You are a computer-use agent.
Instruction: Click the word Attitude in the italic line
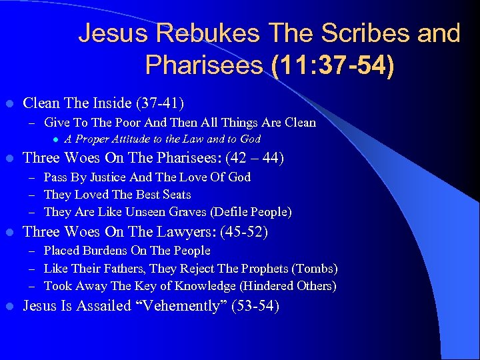(x=127, y=139)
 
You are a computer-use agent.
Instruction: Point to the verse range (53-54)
(x=253, y=307)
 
